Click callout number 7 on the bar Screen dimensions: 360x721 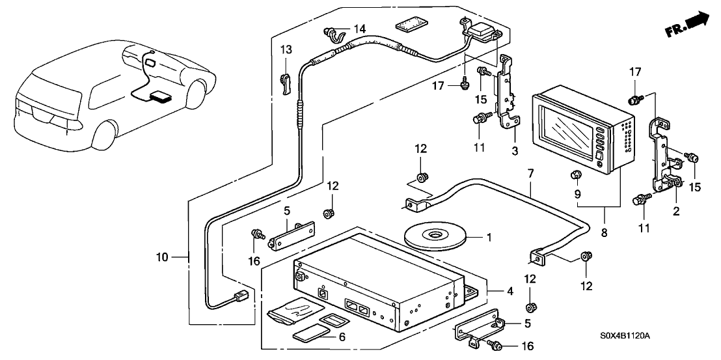(x=530, y=175)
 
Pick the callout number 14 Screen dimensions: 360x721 (x=359, y=29)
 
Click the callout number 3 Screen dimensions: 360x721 (x=515, y=152)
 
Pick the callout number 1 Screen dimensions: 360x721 (x=489, y=238)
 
